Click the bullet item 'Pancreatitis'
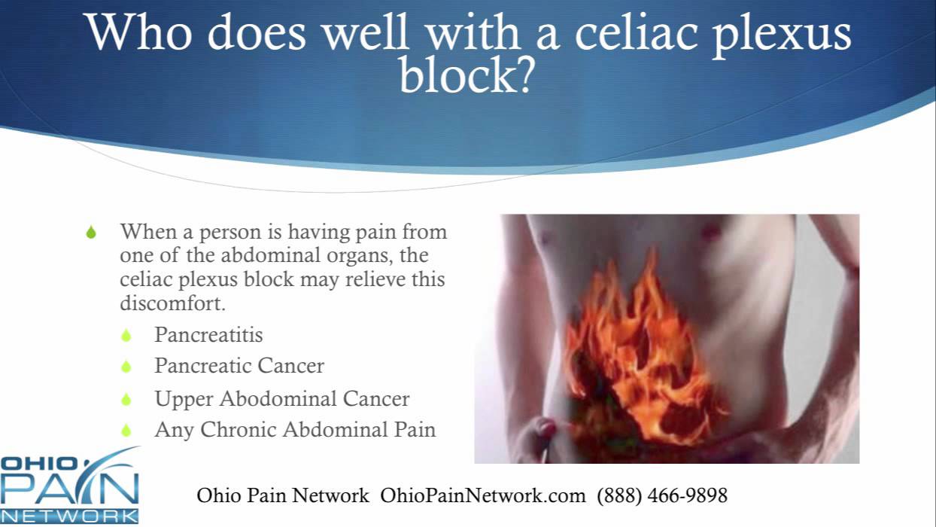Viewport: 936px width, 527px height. (x=208, y=334)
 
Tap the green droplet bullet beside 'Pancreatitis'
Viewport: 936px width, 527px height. (x=126, y=335)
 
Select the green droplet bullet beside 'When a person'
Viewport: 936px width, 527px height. (x=91, y=233)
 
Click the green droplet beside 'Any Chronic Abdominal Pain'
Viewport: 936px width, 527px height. (x=126, y=431)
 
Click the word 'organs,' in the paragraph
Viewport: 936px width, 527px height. (x=366, y=255)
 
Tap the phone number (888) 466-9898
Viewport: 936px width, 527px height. (x=662, y=495)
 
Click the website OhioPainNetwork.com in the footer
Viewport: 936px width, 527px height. (x=482, y=495)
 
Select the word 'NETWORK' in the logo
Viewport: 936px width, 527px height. (x=69, y=516)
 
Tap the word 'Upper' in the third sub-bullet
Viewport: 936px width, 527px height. (x=181, y=399)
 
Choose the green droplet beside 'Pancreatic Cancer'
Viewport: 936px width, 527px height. (x=126, y=367)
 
